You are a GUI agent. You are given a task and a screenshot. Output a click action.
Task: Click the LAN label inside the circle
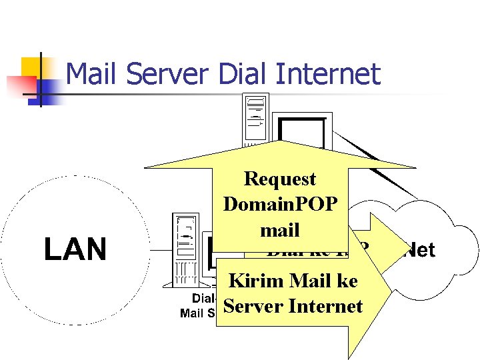click(x=75, y=250)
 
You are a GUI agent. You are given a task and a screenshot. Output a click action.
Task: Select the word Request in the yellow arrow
click(x=280, y=179)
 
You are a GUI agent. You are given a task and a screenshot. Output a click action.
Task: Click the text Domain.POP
click(x=280, y=204)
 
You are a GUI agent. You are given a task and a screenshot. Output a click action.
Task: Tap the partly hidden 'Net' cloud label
click(x=420, y=250)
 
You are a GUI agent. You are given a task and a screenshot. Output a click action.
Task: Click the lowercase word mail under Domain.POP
click(x=280, y=230)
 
